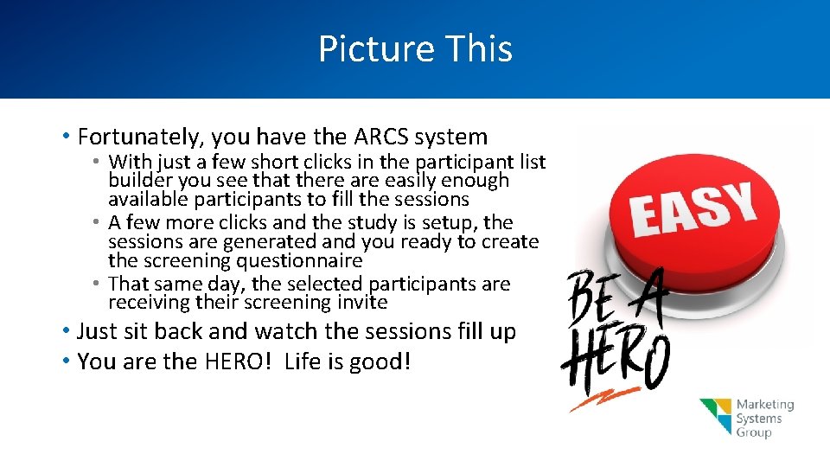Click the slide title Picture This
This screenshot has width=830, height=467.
point(415,48)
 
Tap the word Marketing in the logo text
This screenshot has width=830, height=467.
point(764,405)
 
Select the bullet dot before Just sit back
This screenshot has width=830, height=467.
point(66,331)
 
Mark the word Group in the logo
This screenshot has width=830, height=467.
point(753,432)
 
